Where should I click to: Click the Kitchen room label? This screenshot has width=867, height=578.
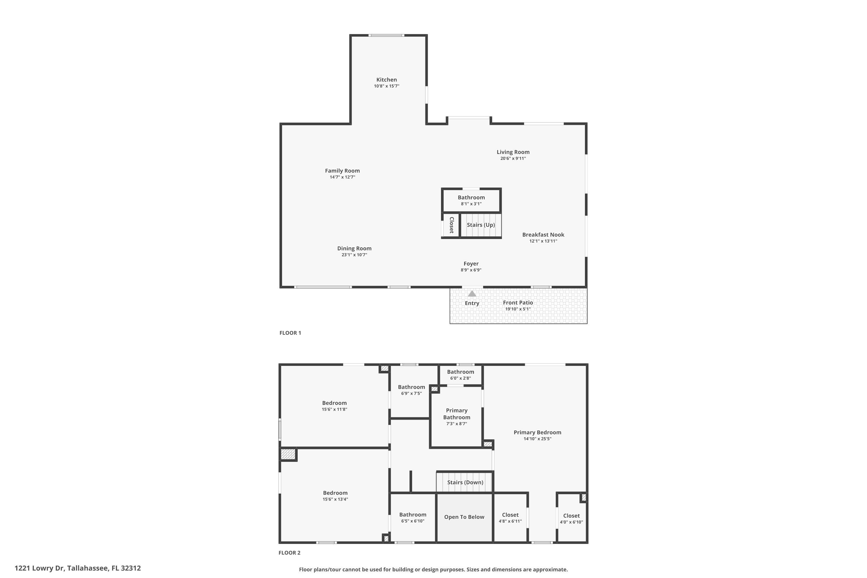(x=386, y=80)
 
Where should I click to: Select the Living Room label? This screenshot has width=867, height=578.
(x=513, y=152)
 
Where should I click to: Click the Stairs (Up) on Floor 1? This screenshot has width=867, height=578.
(x=481, y=225)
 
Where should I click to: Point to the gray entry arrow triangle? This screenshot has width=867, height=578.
(x=472, y=294)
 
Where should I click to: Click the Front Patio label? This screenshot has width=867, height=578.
(x=518, y=303)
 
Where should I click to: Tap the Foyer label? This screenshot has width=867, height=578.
(x=471, y=264)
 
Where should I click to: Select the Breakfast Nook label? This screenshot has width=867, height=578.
(x=543, y=235)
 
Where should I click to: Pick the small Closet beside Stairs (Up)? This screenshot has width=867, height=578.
(x=451, y=225)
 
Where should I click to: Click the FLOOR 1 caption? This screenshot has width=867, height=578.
(x=290, y=333)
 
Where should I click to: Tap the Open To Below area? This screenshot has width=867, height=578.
(x=464, y=517)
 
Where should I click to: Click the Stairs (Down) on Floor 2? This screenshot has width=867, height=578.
(x=465, y=482)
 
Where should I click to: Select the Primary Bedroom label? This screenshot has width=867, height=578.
(x=537, y=432)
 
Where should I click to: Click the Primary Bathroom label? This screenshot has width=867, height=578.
(x=456, y=414)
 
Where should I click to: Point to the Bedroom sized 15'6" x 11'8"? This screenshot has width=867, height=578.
(x=334, y=403)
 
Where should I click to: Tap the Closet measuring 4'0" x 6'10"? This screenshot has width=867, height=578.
(x=571, y=516)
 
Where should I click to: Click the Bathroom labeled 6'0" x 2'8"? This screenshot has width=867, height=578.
(x=460, y=372)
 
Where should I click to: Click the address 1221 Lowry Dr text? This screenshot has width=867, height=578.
(x=77, y=568)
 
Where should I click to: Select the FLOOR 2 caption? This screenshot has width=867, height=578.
(x=289, y=553)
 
